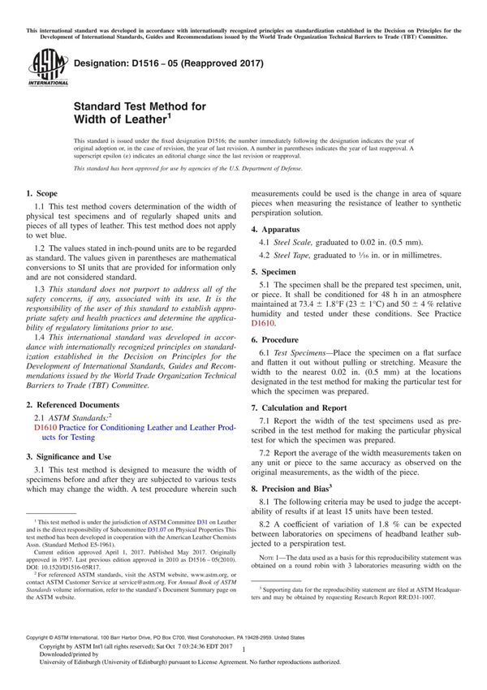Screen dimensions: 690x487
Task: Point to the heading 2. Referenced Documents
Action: [72, 404]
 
